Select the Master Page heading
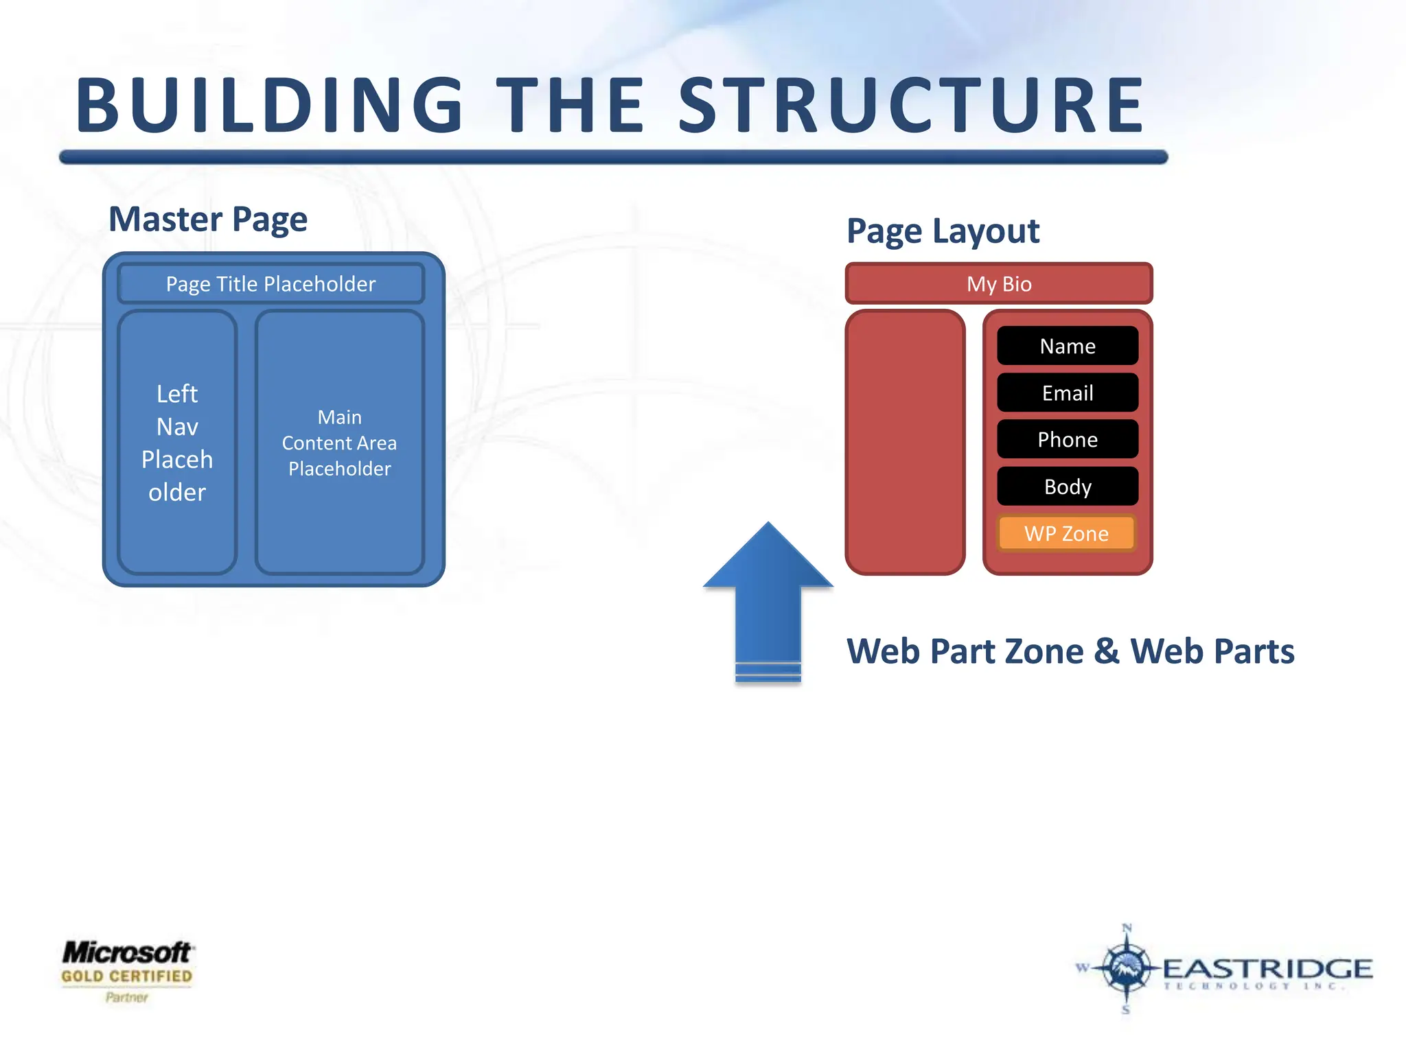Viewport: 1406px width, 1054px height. click(208, 220)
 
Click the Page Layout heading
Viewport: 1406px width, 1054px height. click(943, 231)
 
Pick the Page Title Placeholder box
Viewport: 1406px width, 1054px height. click(271, 283)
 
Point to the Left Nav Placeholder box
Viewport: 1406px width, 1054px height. click(177, 443)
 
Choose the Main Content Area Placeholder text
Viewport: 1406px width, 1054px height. click(340, 443)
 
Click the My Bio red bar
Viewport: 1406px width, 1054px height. click(999, 283)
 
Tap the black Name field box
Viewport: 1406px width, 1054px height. click(1068, 346)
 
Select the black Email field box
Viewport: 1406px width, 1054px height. click(1068, 393)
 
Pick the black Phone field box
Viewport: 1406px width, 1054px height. click(1068, 440)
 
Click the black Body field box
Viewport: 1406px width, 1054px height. click(1068, 487)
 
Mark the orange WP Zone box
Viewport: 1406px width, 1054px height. click(1067, 534)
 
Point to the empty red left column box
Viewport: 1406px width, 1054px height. click(906, 443)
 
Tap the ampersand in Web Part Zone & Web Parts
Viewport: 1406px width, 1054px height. click(1107, 651)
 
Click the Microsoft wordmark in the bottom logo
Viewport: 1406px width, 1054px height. click(127, 952)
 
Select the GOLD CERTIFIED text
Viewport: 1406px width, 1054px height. click(127, 976)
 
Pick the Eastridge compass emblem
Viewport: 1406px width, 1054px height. click(1126, 968)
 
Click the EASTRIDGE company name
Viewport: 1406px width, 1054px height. click(1267, 969)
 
